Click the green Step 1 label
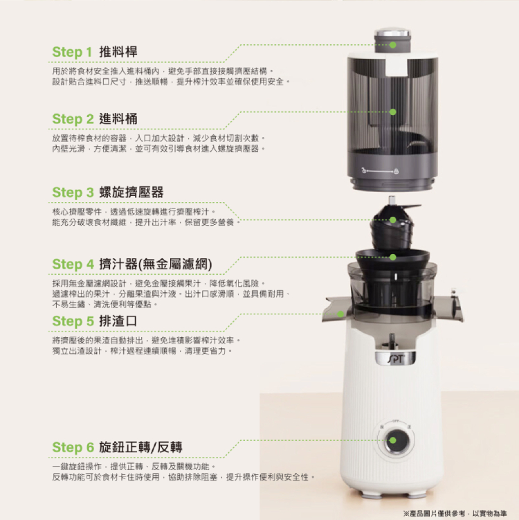click(72, 52)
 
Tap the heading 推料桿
click(118, 52)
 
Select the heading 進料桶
click(118, 118)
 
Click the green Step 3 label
click(73, 192)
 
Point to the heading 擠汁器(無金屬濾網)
click(156, 265)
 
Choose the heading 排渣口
click(118, 321)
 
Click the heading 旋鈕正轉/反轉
click(140, 447)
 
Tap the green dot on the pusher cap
click(393, 45)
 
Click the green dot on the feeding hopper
click(393, 111)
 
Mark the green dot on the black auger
click(393, 220)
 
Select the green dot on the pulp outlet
click(340, 314)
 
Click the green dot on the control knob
click(393, 440)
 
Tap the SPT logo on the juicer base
click(396, 359)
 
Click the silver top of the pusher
click(393, 33)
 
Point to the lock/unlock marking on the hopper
click(380, 171)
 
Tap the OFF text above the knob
click(395, 421)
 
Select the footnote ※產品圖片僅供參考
click(434, 513)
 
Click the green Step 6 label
click(73, 447)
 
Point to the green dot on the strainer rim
click(393, 257)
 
